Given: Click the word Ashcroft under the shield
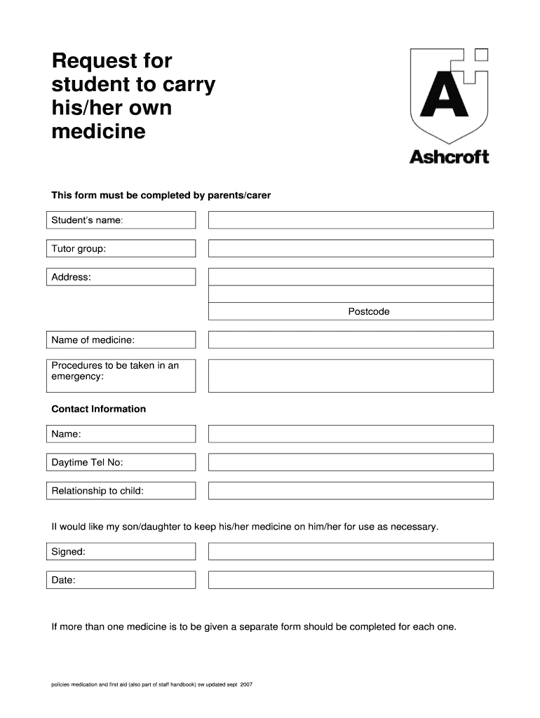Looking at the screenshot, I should point(449,156).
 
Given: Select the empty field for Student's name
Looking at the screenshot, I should point(351,220).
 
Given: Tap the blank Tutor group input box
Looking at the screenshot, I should point(351,248).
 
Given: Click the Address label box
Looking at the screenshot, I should point(121,277).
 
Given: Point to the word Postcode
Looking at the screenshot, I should point(368,311).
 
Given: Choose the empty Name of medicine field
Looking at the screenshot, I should point(351,340).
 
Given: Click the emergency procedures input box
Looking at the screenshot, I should point(351,376).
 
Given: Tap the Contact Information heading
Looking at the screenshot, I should point(99,409).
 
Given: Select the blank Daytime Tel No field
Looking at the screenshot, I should point(351,462).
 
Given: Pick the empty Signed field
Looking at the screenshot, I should point(351,552).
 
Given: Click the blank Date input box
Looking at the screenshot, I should point(351,580).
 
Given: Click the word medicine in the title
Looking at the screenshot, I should point(99,132).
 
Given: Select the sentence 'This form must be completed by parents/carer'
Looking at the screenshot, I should point(161,196).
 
